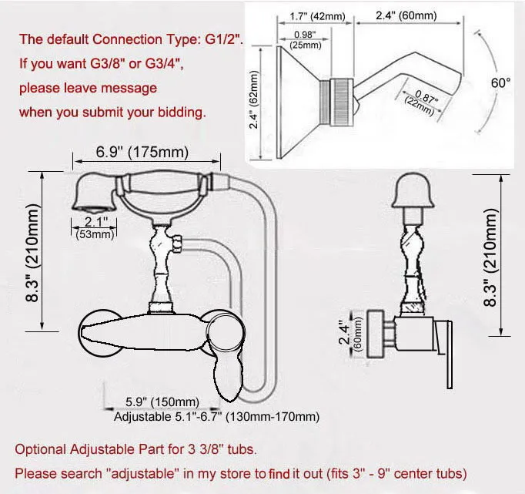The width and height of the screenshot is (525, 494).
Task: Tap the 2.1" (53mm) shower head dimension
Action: tap(93, 228)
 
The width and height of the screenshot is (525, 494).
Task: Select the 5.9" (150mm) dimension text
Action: tap(162, 402)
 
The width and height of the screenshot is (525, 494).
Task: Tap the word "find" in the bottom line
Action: tap(280, 472)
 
